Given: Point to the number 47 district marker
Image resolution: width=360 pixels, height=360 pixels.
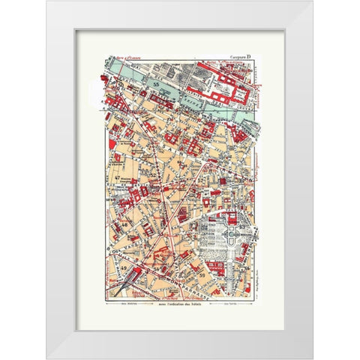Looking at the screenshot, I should (118, 177).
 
